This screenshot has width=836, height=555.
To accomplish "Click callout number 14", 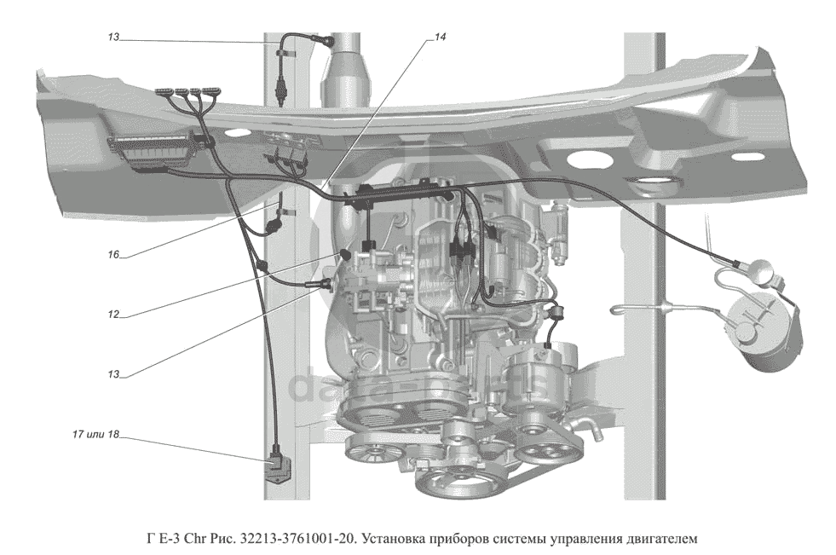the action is click(x=440, y=38).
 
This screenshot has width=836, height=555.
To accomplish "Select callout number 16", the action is click(x=113, y=255).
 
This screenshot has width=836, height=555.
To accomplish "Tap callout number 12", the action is click(x=113, y=315).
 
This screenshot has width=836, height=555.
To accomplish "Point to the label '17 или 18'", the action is click(x=95, y=434).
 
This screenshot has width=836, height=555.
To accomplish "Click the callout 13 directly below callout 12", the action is click(x=113, y=374).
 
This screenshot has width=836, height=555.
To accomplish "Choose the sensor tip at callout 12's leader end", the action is click(x=345, y=254).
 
